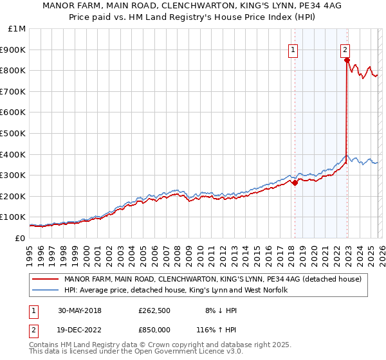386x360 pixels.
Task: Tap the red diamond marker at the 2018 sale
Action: (295, 183)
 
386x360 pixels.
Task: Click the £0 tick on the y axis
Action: (21, 238)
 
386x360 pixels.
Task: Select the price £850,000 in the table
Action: (154, 330)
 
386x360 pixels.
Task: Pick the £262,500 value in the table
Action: (154, 310)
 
